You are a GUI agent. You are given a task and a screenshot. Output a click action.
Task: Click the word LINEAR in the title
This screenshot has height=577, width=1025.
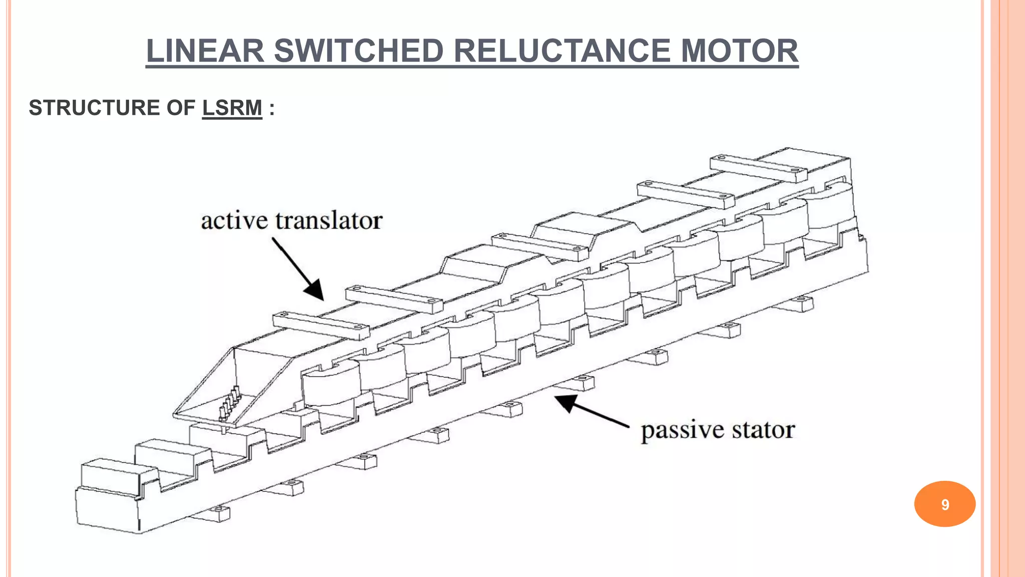tap(205, 51)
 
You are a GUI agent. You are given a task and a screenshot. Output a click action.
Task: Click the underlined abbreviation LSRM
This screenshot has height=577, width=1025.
tap(232, 108)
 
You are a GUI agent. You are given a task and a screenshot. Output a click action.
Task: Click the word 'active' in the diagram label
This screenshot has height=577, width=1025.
tap(234, 221)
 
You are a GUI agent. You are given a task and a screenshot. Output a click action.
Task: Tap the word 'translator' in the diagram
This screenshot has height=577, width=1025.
tap(329, 221)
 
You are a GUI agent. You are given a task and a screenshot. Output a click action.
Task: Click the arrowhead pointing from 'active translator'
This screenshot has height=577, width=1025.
tap(314, 290)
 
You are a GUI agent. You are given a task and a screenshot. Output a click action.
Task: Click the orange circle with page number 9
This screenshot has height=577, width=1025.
tap(944, 504)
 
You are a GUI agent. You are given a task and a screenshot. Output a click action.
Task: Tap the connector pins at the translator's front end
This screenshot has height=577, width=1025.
tap(229, 404)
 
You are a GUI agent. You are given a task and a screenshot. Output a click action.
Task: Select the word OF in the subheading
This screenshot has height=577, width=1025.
tap(181, 108)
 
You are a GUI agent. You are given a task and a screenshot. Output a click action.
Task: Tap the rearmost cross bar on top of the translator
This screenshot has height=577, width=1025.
tap(758, 168)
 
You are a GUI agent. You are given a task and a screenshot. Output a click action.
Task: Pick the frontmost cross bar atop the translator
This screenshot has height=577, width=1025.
tap(320, 325)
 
